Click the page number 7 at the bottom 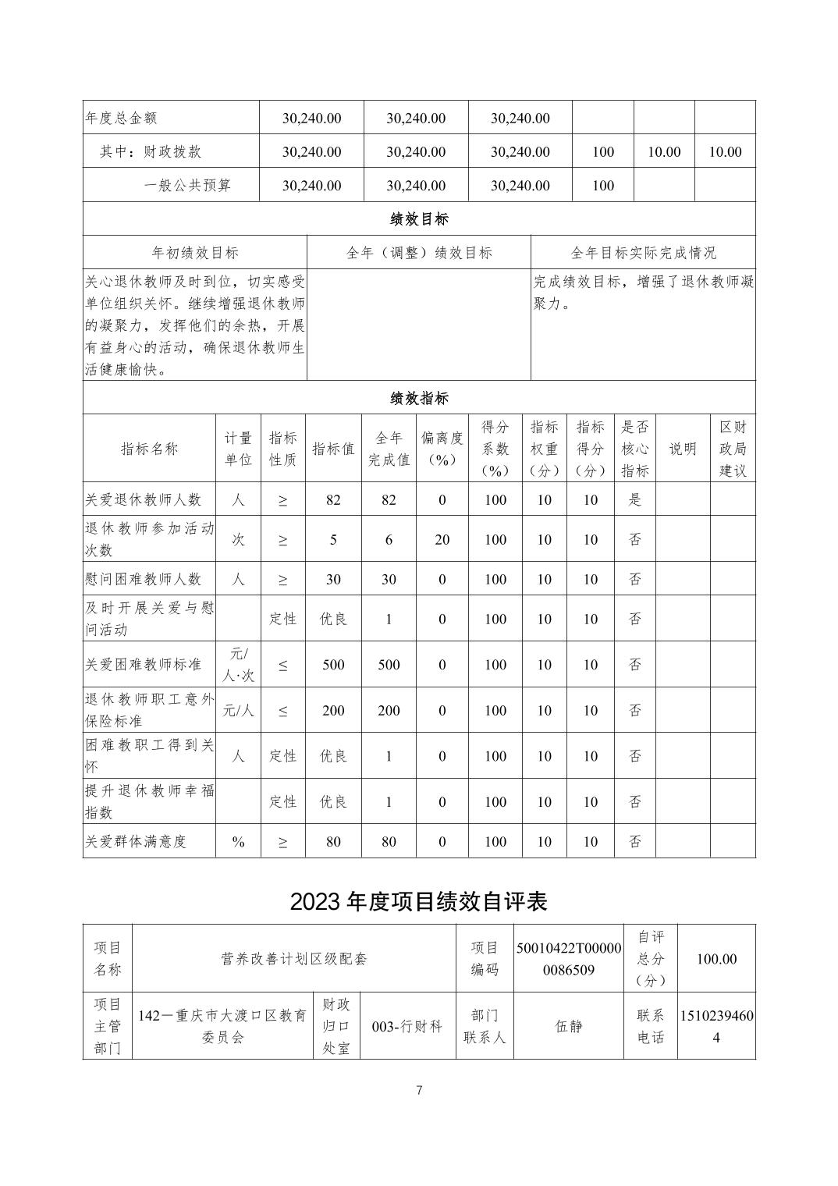coord(419,1090)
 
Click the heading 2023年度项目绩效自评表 coord(419,901)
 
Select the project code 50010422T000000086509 coord(569,959)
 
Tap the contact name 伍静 coord(569,1026)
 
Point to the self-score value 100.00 coord(716,959)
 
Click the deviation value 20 coord(442,539)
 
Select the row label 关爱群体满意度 coord(137,841)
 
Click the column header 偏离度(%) coord(442,449)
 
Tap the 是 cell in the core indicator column coord(634,499)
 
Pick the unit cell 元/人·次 coord(238,664)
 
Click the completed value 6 coord(389,539)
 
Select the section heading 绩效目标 coord(419,219)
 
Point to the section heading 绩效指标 coord(419,398)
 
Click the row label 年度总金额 coord(121,118)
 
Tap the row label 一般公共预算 coord(187,186)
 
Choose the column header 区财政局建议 coord(733,449)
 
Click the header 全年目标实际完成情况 coord(643,253)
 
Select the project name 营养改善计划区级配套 coord(294,959)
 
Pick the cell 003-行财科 coord(407,1026)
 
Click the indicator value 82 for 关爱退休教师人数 coord(333,499)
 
